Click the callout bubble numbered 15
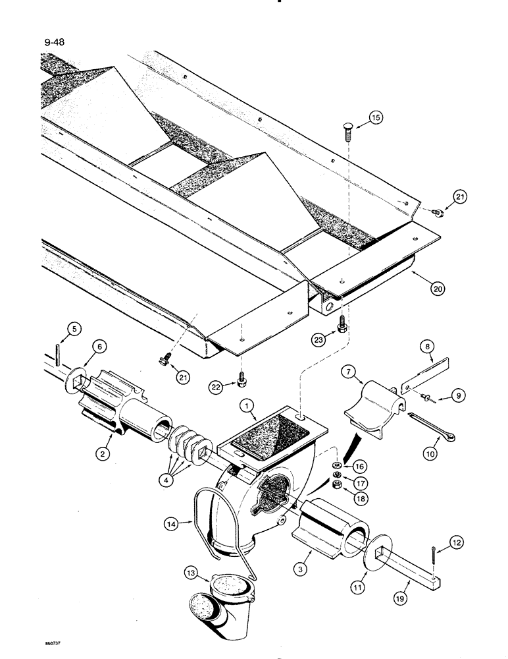point(394,119)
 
